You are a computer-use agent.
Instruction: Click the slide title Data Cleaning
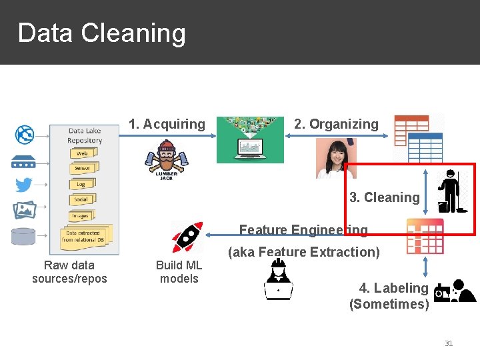click(x=101, y=33)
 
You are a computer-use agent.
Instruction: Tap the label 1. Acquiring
click(x=167, y=124)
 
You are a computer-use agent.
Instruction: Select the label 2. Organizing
click(x=336, y=124)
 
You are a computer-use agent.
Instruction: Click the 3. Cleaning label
click(x=385, y=197)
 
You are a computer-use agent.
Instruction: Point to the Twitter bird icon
click(x=24, y=185)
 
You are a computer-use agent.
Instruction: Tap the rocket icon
click(x=187, y=237)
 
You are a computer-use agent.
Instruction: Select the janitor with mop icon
click(x=453, y=191)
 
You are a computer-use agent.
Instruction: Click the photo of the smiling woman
click(x=336, y=159)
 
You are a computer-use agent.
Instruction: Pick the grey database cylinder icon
click(x=24, y=236)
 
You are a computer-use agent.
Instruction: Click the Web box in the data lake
click(x=83, y=153)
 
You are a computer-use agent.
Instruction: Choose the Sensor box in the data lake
click(x=83, y=168)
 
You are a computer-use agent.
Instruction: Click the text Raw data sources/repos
click(x=69, y=272)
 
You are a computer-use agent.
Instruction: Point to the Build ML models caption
click(x=179, y=272)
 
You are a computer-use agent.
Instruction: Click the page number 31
click(x=448, y=343)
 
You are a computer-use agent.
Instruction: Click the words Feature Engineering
click(x=303, y=230)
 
